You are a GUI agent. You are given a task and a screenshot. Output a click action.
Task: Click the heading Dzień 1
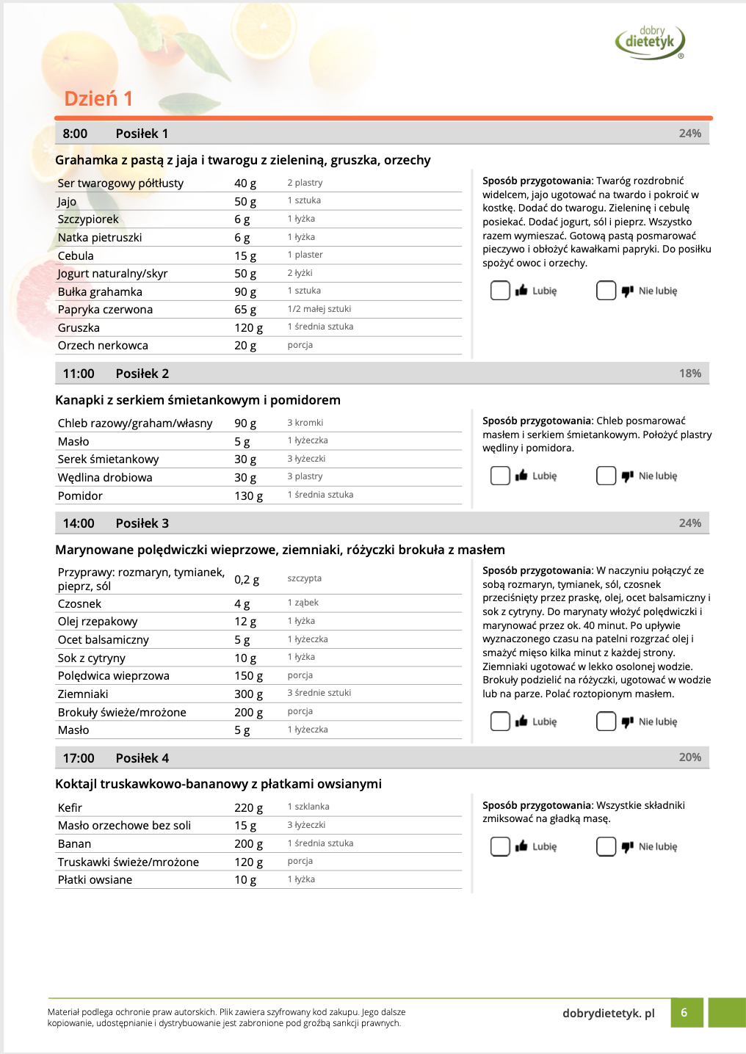point(98,98)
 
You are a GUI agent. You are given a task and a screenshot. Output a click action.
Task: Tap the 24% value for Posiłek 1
point(689,134)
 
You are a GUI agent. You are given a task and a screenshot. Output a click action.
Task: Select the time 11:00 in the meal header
point(79,374)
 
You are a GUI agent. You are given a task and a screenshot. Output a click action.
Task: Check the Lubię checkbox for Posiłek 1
point(500,291)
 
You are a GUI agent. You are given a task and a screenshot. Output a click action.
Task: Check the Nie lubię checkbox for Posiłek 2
point(606,476)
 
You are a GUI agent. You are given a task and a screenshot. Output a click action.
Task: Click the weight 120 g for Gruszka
point(248,328)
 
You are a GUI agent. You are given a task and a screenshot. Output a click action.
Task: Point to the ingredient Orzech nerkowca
point(103,346)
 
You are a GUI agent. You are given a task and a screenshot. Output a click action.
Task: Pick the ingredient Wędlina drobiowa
point(105,478)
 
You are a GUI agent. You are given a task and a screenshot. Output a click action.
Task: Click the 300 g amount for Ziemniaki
point(248,694)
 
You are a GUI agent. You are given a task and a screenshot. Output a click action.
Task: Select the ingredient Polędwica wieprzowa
point(113,676)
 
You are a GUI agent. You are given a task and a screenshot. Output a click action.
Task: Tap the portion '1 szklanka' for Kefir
point(308,807)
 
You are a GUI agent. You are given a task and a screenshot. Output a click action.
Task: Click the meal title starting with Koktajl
point(218,784)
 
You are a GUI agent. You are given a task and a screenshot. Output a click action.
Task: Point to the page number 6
point(684,1013)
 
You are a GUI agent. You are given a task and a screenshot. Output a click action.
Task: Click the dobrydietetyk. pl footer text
point(608,1014)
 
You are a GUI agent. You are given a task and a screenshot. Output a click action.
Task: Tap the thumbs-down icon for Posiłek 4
point(627,846)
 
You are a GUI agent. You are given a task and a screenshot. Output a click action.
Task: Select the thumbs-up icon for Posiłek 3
point(521,722)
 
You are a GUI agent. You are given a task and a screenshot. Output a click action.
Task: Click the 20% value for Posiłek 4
point(689,757)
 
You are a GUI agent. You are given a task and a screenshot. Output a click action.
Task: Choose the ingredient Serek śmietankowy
point(108,459)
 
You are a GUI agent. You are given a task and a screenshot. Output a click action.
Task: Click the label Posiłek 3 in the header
point(142,523)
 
